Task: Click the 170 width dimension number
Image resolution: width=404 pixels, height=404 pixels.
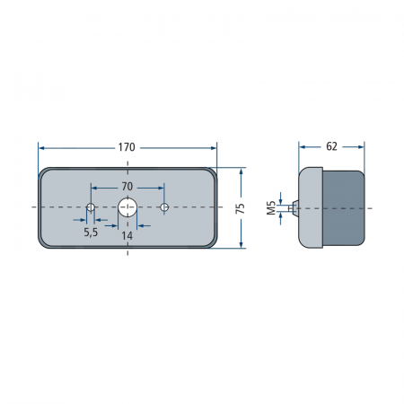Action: (x=127, y=147)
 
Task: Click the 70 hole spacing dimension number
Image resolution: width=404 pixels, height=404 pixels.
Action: (x=127, y=187)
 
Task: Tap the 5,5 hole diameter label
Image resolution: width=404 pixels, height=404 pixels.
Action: (x=91, y=233)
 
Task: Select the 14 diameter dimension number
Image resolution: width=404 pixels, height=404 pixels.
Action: (x=127, y=236)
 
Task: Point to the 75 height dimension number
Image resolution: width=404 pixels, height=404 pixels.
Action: (x=241, y=208)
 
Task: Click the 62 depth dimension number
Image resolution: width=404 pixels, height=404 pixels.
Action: (x=331, y=146)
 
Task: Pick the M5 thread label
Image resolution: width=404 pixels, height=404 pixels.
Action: (x=271, y=208)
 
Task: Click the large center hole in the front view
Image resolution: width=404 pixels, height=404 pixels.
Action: (x=127, y=206)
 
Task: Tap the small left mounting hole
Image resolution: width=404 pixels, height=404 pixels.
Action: (x=91, y=206)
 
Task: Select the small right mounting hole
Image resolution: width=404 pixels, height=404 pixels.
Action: (x=164, y=206)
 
